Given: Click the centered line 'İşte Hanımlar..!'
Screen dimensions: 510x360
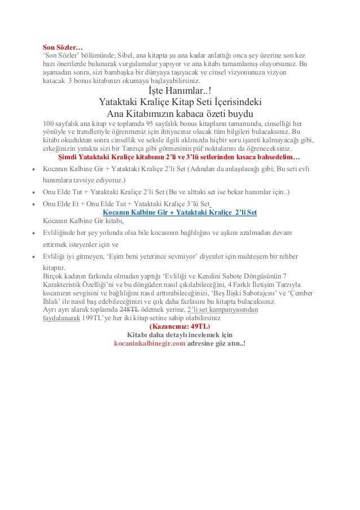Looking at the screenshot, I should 180,91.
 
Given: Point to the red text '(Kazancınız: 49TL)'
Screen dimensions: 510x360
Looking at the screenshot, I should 178,326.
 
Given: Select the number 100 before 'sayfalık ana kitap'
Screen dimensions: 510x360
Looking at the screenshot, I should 49,124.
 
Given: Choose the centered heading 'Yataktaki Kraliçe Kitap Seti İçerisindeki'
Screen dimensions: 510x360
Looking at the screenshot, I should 180,102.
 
